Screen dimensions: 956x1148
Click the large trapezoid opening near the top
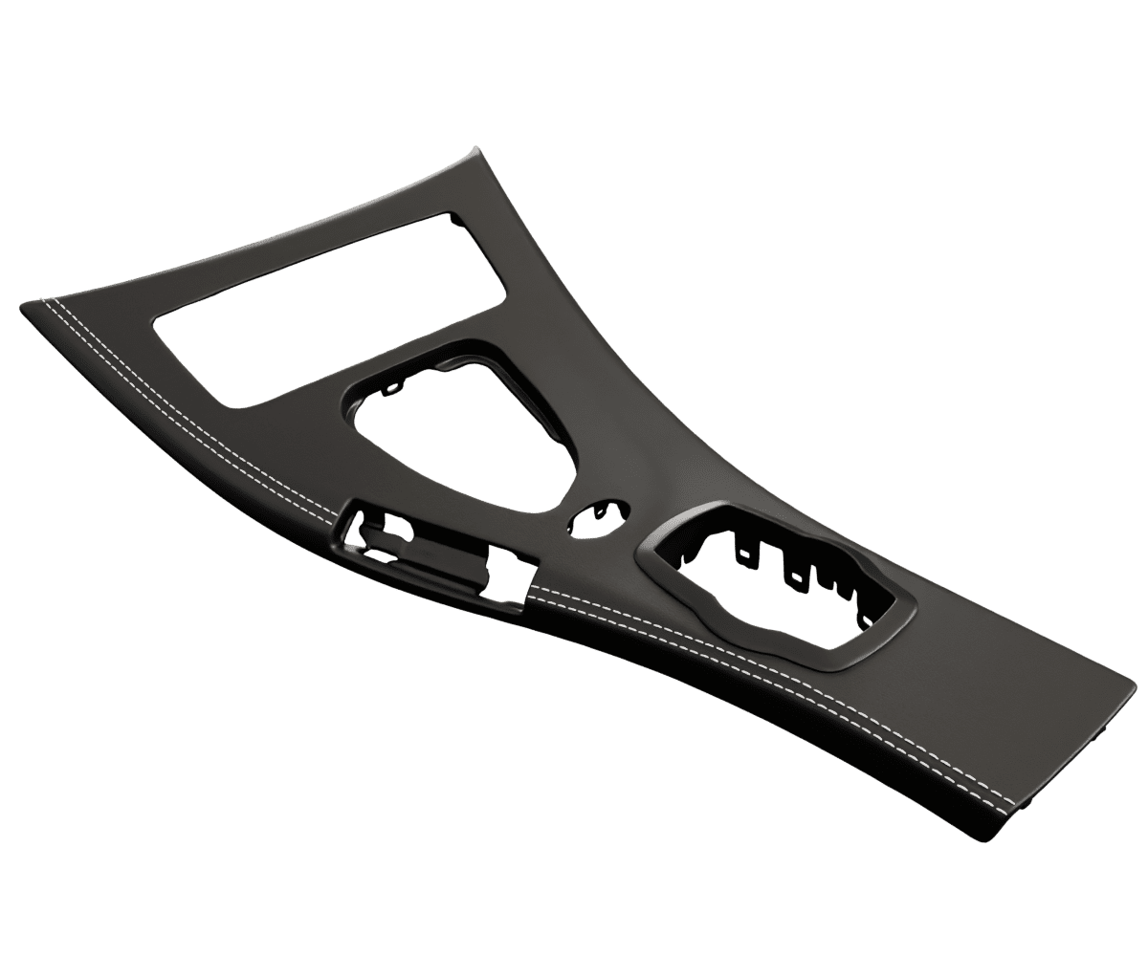pyautogui.click(x=325, y=315)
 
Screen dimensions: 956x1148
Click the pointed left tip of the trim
pyautogui.click(x=23, y=305)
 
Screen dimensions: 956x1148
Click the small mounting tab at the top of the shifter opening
pyautogui.click(x=392, y=387)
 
